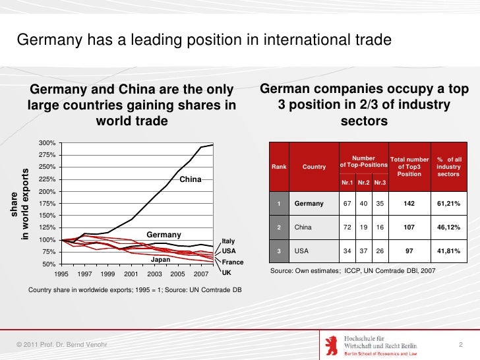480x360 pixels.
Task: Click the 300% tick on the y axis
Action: click(x=47, y=143)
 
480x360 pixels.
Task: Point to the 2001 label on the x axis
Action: click(x=131, y=274)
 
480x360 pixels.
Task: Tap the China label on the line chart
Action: click(x=190, y=179)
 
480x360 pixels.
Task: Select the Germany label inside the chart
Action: click(x=164, y=235)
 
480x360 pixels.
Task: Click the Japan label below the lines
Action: click(x=161, y=260)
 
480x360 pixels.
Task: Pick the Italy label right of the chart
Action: click(x=229, y=241)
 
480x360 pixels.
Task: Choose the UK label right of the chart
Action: click(x=226, y=272)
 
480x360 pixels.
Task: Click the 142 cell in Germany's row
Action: click(x=409, y=204)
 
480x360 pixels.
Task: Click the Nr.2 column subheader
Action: click(x=363, y=183)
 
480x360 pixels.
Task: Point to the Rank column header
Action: click(x=279, y=167)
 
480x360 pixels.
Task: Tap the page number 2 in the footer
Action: click(x=460, y=345)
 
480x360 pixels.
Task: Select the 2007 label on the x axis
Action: click(x=201, y=274)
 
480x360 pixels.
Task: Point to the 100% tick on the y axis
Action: click(x=47, y=240)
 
